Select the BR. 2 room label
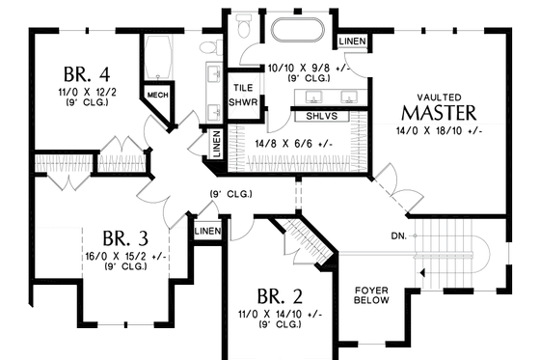click(279, 295)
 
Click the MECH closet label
click(156, 95)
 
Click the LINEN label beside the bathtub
click(350, 41)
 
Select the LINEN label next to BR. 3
click(206, 232)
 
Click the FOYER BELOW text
click(371, 293)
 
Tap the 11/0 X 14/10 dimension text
click(279, 315)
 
